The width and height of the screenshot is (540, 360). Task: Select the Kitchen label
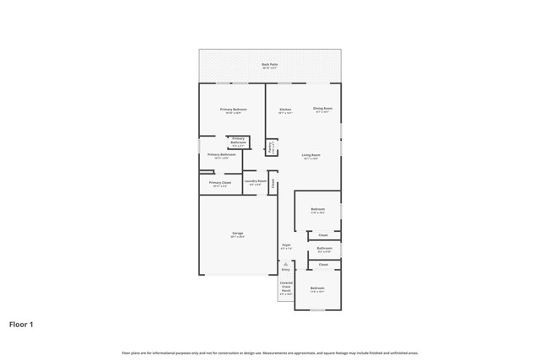click(285, 110)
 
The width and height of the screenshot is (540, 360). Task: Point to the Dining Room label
click(322, 109)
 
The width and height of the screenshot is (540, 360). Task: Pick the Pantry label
click(270, 148)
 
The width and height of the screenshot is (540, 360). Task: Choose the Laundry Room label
click(256, 182)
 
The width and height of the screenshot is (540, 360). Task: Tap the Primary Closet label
click(220, 183)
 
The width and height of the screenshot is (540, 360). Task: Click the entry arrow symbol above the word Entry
click(285, 263)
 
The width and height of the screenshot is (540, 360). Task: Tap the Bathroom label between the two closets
click(324, 249)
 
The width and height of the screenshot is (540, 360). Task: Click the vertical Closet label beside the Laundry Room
click(273, 182)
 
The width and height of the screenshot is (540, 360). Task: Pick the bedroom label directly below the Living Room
click(317, 210)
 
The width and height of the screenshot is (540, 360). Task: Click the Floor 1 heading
click(21, 323)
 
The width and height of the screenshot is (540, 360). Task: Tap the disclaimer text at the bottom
click(270, 352)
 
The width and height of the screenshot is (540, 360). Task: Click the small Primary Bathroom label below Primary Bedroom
click(238, 141)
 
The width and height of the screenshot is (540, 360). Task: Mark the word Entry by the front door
click(285, 270)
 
